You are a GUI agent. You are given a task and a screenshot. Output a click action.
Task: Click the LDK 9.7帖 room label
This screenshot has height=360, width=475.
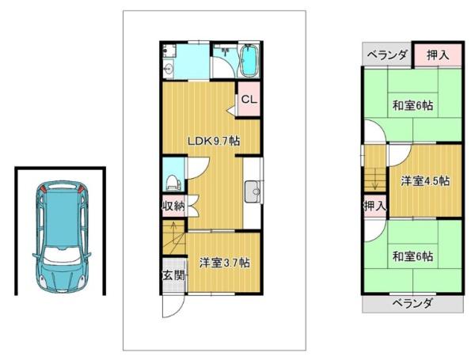[214, 141]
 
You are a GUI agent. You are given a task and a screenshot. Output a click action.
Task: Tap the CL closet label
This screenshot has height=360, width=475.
[249, 100]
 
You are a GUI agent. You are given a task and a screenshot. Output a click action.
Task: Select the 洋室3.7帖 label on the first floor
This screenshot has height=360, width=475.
[225, 263]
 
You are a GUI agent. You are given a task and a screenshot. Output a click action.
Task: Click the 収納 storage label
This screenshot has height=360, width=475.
[173, 207]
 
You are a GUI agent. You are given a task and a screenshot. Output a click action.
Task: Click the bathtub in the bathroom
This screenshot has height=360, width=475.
[249, 60]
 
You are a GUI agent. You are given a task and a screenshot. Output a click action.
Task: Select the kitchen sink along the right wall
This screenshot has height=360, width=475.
[253, 191]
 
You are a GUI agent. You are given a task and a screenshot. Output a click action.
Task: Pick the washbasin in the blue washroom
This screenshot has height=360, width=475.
[168, 69]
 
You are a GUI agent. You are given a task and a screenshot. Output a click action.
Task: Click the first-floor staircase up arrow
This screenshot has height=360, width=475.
[174, 229]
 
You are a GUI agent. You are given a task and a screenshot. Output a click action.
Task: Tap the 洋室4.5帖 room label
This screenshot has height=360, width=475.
[425, 181]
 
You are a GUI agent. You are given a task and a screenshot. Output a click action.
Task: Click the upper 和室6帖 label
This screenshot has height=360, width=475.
[412, 106]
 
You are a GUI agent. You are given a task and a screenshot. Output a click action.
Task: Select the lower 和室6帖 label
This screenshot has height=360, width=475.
[412, 256]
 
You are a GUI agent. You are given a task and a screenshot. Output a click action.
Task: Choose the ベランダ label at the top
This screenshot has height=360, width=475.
[387, 55]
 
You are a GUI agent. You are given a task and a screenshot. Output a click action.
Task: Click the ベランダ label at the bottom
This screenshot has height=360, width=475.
[412, 303]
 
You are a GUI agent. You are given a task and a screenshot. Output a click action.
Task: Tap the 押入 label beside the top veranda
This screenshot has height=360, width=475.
[438, 55]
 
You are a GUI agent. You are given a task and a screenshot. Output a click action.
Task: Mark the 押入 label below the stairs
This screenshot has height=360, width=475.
[375, 207]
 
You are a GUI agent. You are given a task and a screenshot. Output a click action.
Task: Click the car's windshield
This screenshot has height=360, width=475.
[62, 253]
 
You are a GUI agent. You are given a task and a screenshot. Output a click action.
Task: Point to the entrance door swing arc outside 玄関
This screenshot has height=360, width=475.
[180, 309]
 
